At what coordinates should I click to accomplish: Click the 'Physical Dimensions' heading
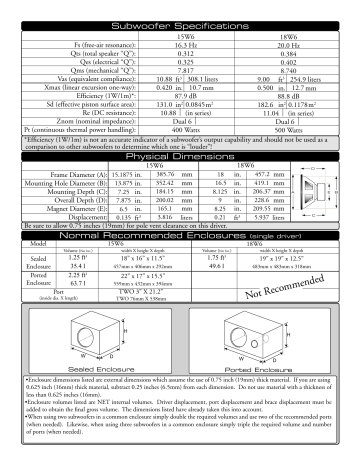pos(180,185)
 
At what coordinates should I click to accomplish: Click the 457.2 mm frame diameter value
pos(271,202)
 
